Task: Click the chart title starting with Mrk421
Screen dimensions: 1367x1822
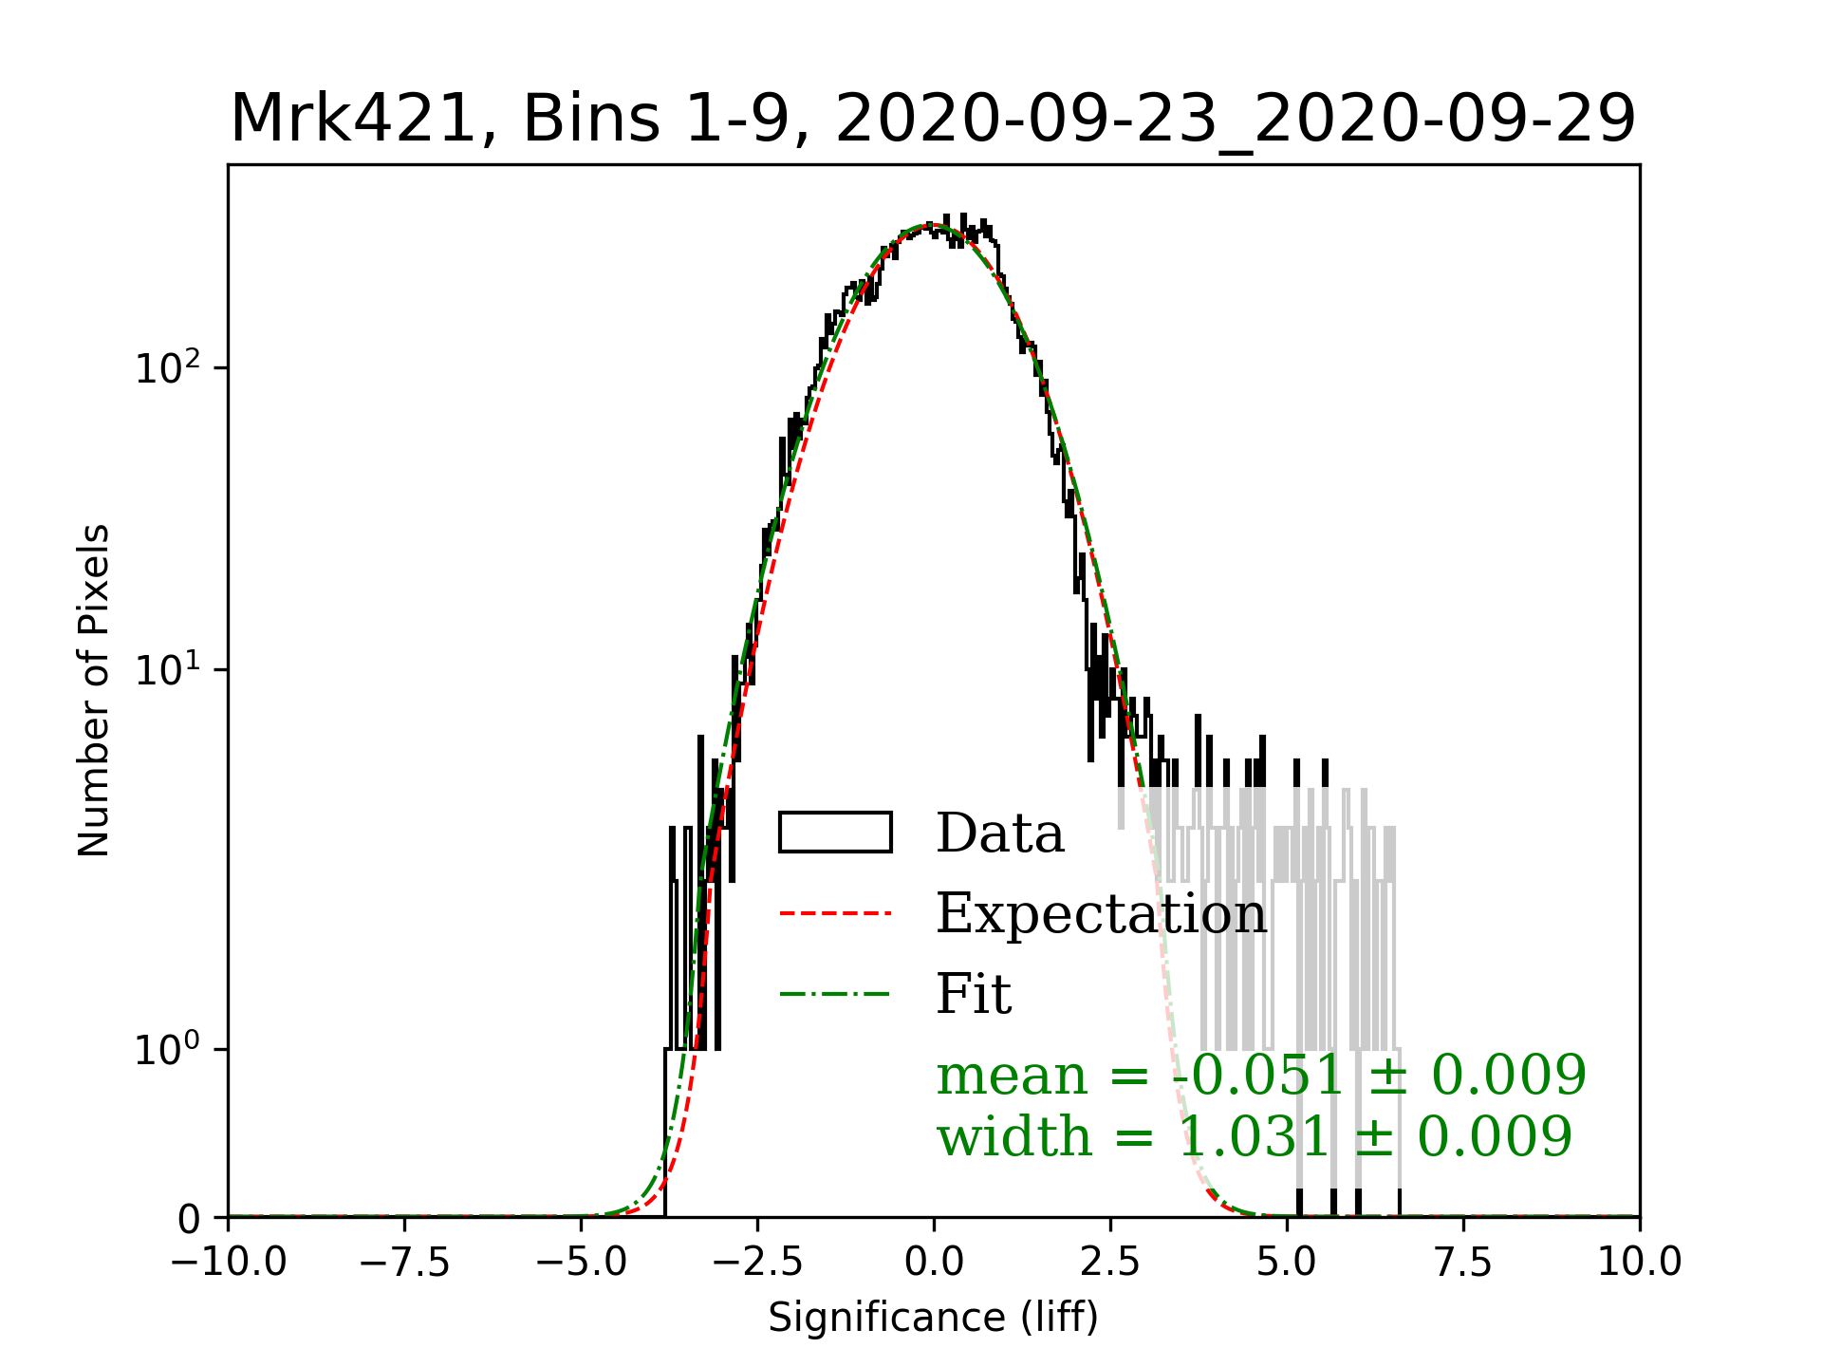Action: (933, 120)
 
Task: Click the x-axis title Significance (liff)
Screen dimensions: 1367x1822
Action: (933, 1318)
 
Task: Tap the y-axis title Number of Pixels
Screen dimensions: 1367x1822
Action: (94, 690)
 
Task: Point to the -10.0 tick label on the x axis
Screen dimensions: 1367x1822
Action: (229, 1263)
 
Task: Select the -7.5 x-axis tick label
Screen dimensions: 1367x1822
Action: (404, 1263)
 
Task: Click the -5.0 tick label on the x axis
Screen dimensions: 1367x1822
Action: (581, 1263)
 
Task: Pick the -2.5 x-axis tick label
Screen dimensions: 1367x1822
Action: (757, 1263)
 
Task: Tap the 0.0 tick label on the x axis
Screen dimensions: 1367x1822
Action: (934, 1263)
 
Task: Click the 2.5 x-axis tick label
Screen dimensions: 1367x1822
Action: (1110, 1263)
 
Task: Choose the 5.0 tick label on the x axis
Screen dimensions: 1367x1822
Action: (1287, 1263)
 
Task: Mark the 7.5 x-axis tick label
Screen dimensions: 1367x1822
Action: (1463, 1263)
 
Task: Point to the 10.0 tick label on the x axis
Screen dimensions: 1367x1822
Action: (1640, 1263)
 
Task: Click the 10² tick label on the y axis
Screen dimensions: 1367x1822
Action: (168, 366)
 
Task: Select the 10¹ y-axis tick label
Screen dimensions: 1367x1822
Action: (168, 669)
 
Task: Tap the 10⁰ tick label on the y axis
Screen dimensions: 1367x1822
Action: (168, 1049)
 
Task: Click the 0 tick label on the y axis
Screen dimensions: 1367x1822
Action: (190, 1219)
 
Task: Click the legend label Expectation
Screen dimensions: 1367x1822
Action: (1101, 914)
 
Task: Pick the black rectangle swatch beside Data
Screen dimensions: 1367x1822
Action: (835, 833)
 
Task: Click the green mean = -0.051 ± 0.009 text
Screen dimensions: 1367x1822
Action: (1261, 1076)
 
